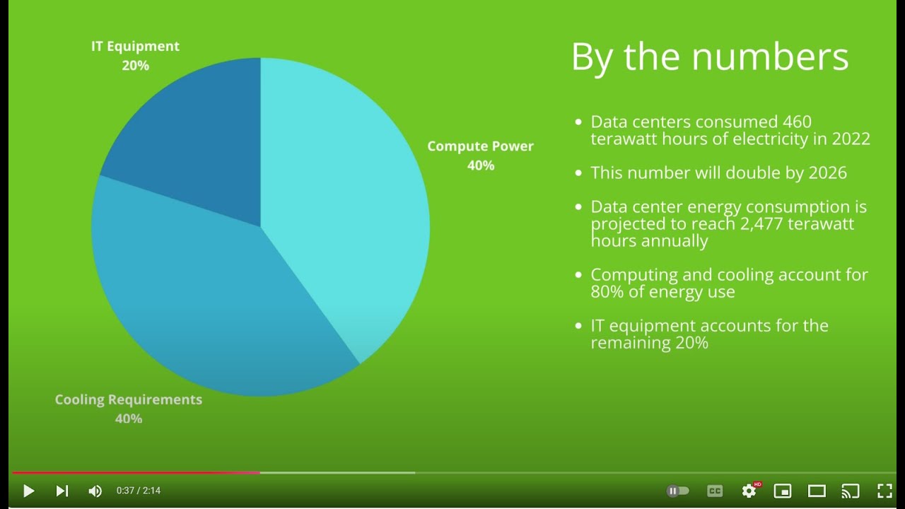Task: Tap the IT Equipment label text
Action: (135, 47)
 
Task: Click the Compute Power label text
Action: (480, 146)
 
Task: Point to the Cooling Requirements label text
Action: (129, 399)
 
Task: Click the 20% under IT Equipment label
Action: (135, 66)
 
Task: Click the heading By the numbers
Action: (709, 57)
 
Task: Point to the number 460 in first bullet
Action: (797, 122)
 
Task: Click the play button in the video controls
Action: (28, 491)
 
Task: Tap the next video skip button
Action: (62, 491)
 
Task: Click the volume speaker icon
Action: (95, 491)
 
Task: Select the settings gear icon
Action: (749, 491)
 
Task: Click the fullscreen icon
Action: (884, 491)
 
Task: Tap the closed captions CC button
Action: (715, 491)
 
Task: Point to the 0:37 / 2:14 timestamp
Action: (139, 491)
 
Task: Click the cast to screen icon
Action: (851, 491)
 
